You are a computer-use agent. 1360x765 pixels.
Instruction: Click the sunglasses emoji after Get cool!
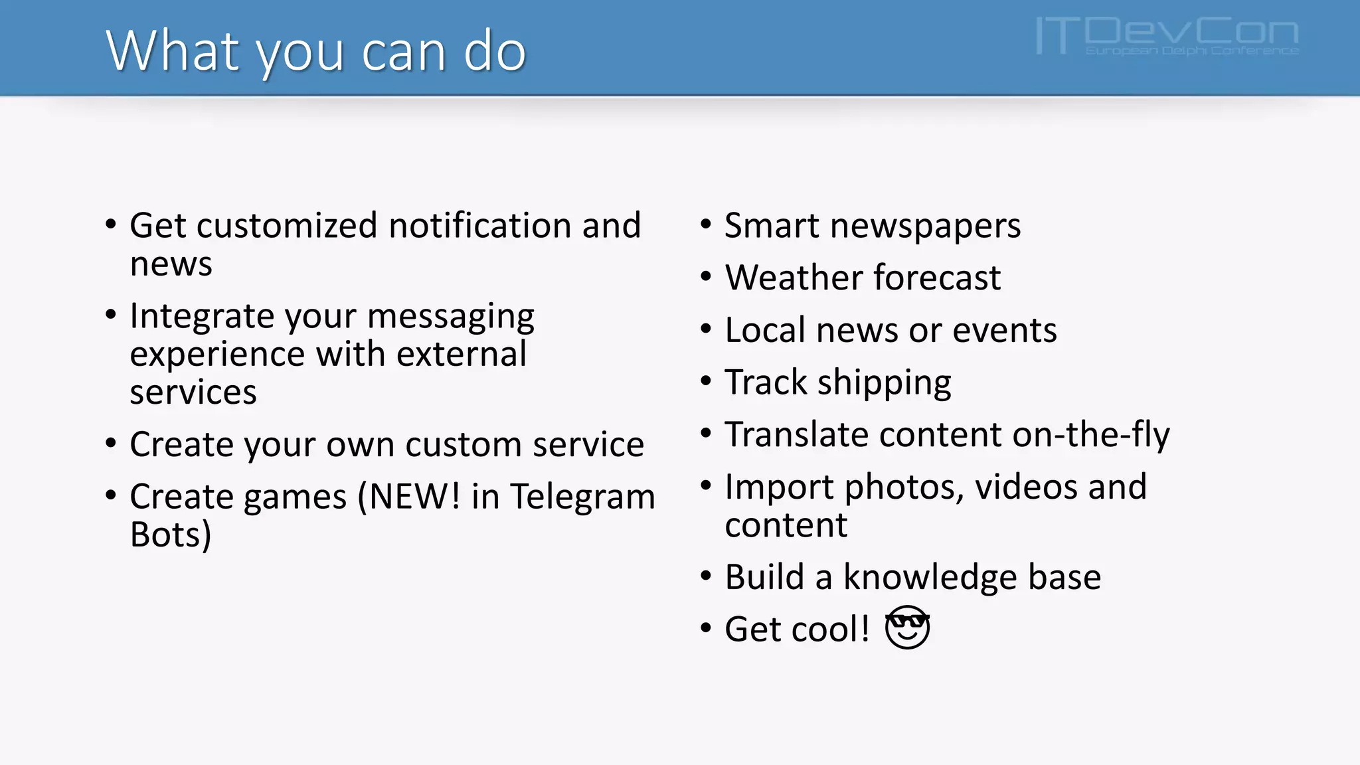pos(907,628)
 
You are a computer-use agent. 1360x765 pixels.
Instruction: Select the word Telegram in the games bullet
pos(582,497)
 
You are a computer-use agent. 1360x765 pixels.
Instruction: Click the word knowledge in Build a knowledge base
pos(930,577)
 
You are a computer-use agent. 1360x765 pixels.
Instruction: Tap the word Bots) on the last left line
pos(171,535)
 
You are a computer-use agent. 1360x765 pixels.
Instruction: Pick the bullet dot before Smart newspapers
pos(706,224)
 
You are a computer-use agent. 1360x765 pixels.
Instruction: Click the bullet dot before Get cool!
pos(706,628)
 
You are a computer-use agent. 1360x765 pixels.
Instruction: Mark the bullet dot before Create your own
pos(111,443)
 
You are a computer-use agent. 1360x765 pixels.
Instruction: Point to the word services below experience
pos(193,392)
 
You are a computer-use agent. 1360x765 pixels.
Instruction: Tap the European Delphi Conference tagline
pos(1191,51)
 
